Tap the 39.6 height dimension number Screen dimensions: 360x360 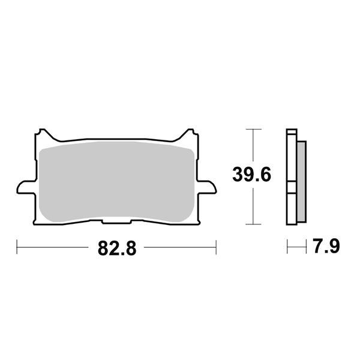point(253,175)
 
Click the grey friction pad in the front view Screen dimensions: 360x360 point(117,180)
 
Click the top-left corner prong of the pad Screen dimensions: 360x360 point(41,133)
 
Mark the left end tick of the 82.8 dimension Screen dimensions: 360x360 point(17,246)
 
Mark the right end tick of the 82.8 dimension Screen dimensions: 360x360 point(215,246)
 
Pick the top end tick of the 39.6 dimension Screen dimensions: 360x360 point(254,129)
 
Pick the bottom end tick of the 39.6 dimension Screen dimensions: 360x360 point(254,224)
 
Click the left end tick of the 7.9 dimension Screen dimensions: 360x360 point(287,246)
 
